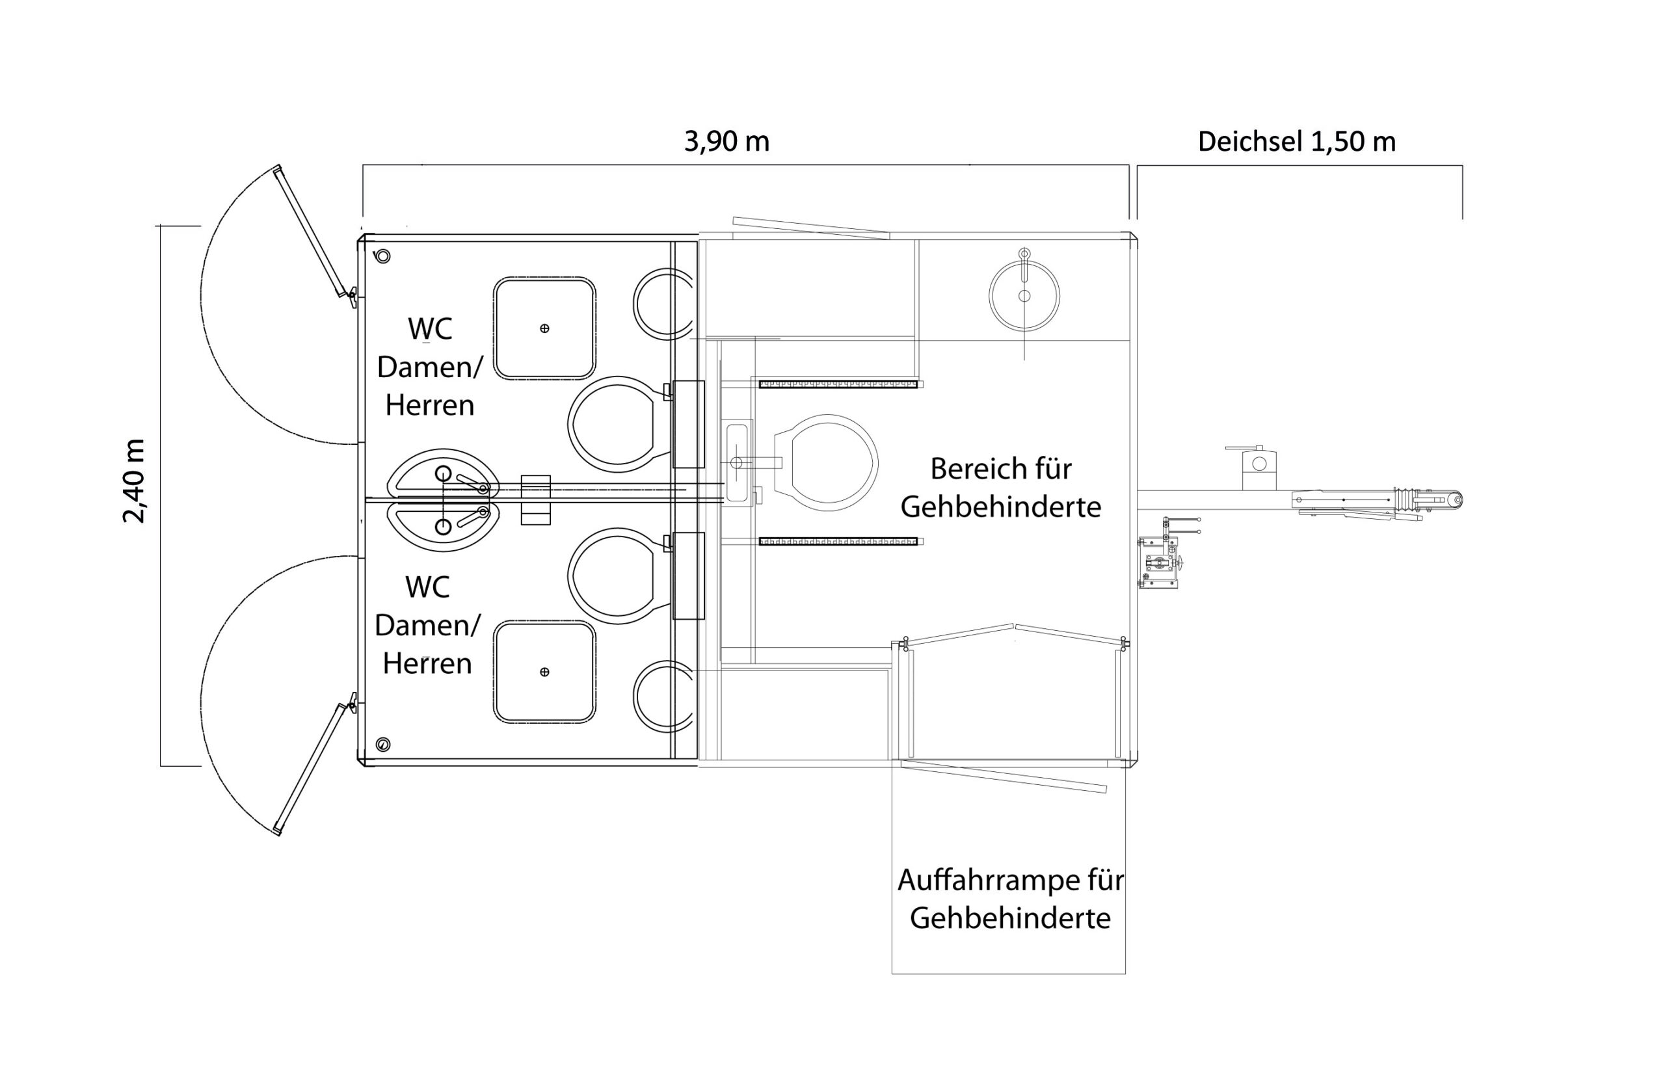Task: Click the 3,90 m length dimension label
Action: point(726,142)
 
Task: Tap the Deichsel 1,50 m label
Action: point(1296,142)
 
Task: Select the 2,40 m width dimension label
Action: point(134,481)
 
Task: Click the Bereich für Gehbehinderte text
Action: point(1000,487)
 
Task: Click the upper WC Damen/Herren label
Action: point(429,367)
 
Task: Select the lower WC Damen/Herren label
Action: point(427,625)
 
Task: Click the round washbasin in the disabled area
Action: point(1024,295)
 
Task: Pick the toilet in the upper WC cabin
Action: point(615,425)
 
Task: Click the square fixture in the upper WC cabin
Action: point(544,328)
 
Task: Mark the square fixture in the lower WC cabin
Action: point(544,672)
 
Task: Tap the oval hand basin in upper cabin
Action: point(443,473)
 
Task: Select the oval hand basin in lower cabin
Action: point(443,527)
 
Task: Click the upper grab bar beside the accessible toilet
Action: point(838,384)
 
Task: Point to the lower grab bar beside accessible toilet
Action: point(838,541)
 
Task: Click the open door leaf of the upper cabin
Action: point(314,234)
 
